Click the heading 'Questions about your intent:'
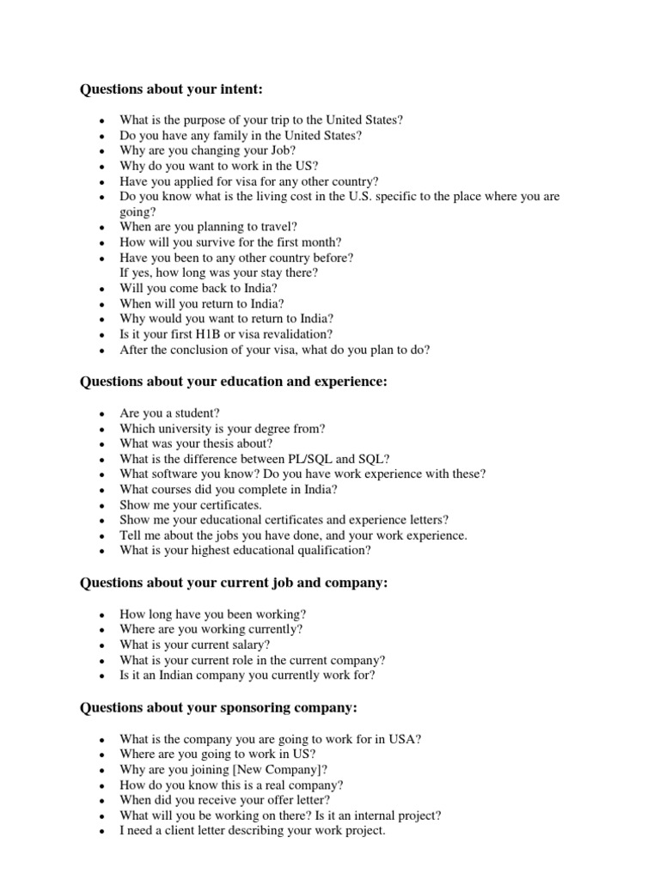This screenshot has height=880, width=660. (x=170, y=89)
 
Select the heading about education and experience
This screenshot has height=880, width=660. (x=234, y=382)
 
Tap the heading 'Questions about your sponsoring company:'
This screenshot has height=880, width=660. (x=218, y=707)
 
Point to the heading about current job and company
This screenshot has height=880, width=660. (x=234, y=583)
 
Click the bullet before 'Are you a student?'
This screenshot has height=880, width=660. (x=102, y=413)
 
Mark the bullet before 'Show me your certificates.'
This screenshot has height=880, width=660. (x=102, y=506)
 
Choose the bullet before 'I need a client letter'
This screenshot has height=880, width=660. (x=102, y=832)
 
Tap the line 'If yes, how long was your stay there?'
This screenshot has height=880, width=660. (x=218, y=272)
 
